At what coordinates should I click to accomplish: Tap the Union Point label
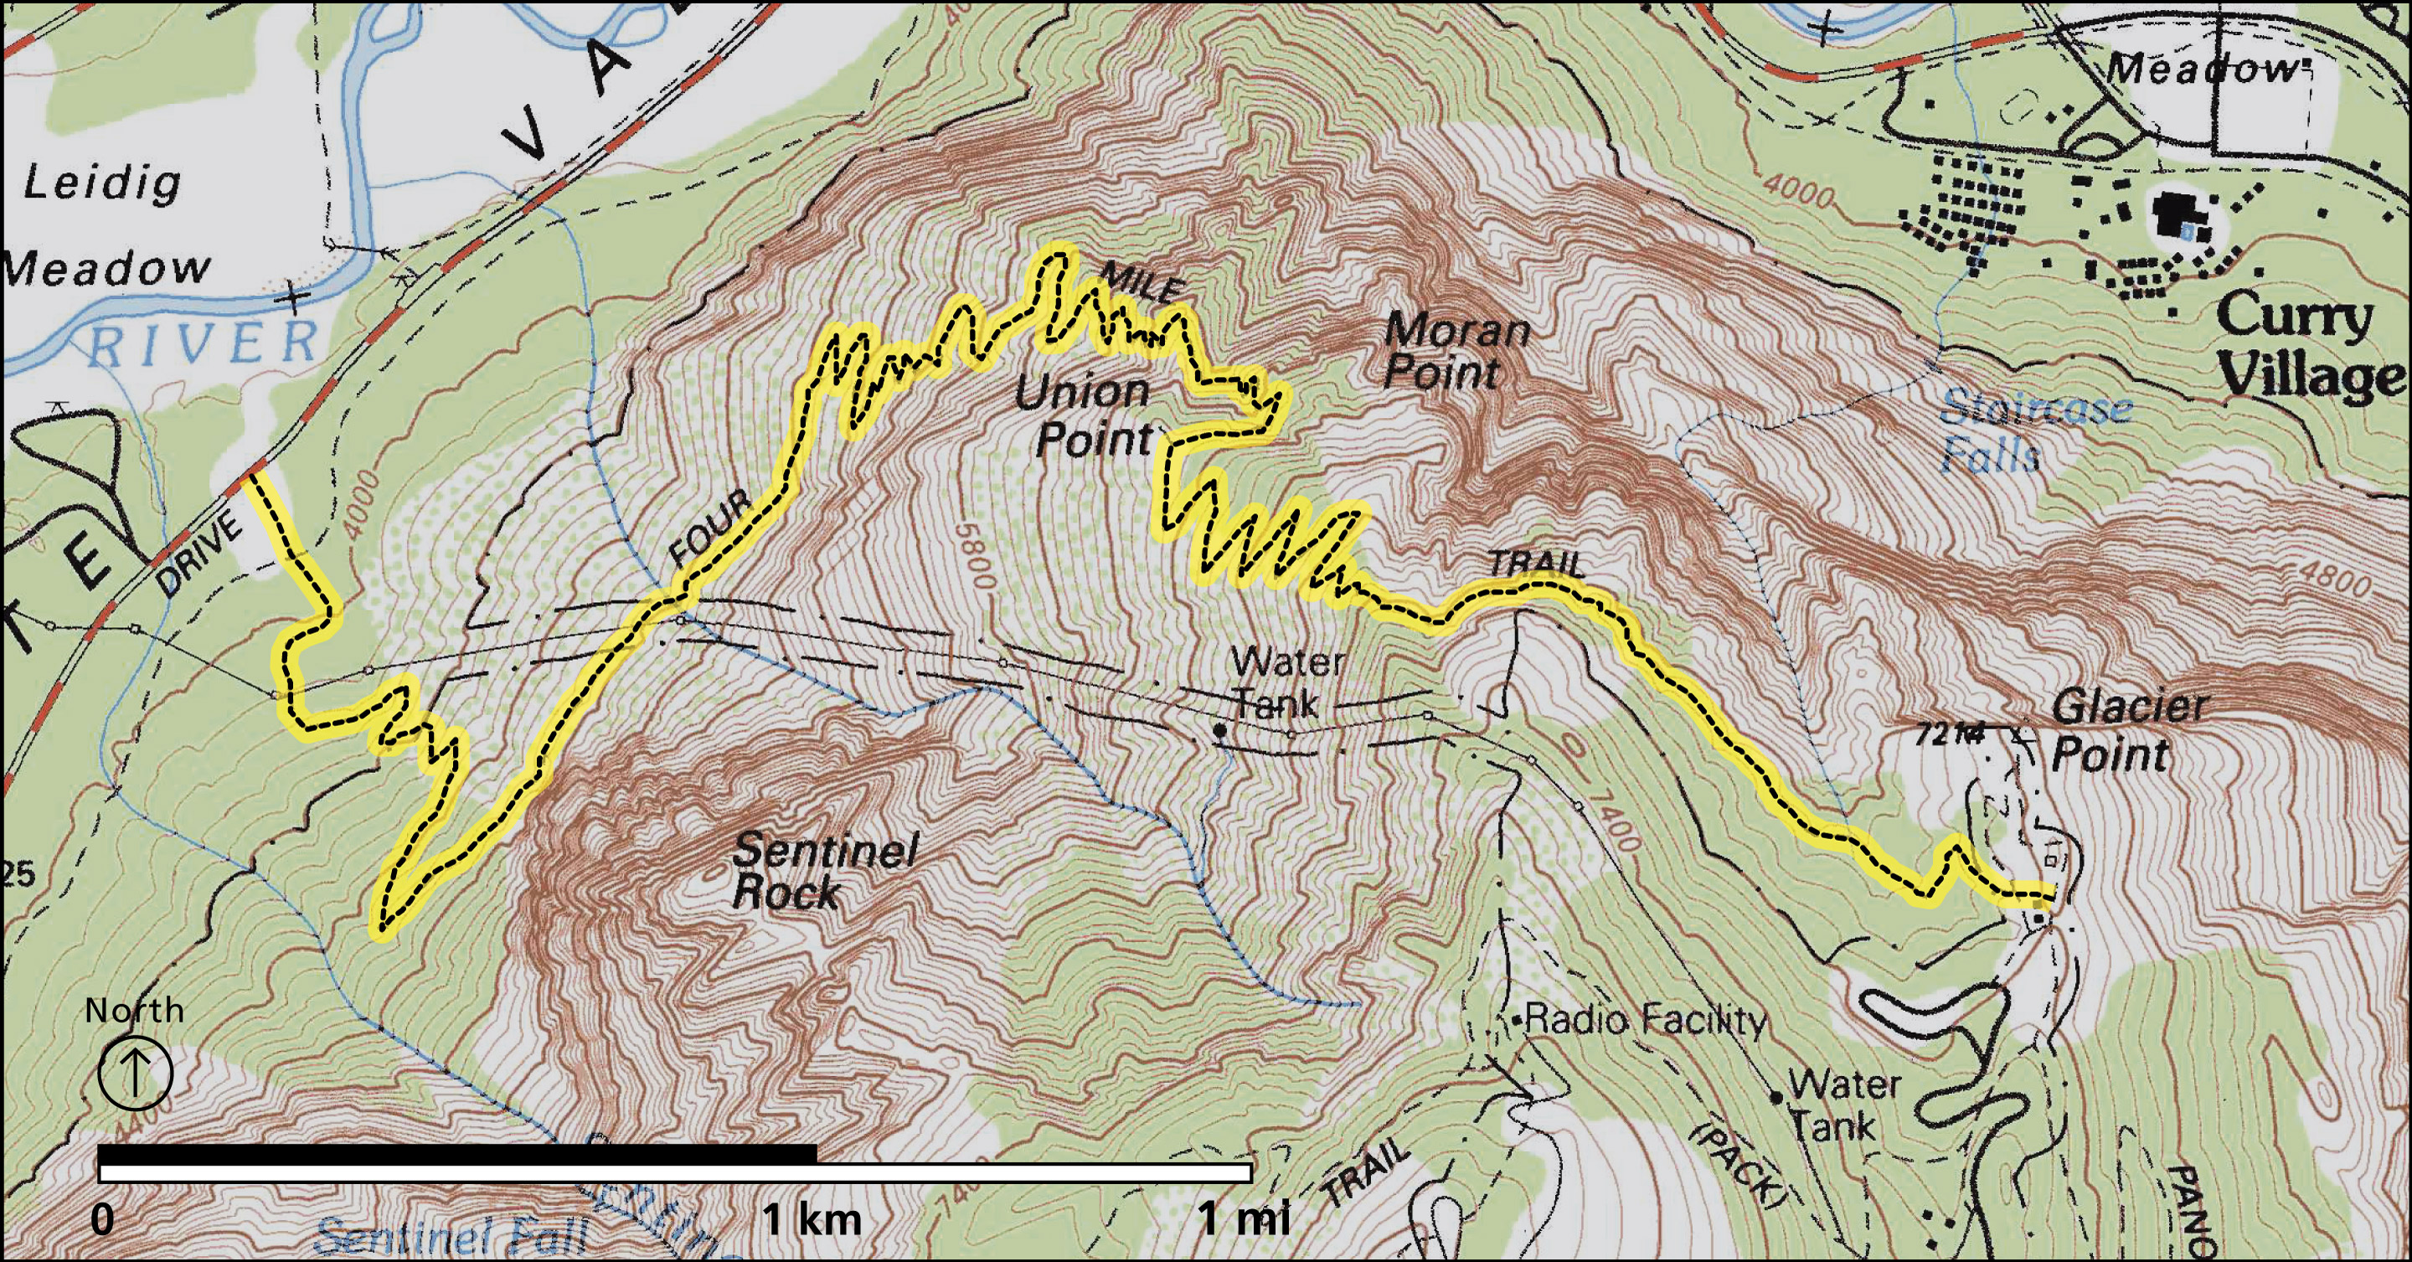coord(1086,415)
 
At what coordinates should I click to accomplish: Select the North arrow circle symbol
coord(135,1074)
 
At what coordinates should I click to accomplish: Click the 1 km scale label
coord(811,1220)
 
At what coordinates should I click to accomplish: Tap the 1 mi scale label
coord(1243,1220)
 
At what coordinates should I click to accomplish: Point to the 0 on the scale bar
coord(103,1220)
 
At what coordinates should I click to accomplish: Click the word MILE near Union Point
coord(1142,281)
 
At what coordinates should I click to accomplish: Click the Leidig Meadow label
coord(103,224)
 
